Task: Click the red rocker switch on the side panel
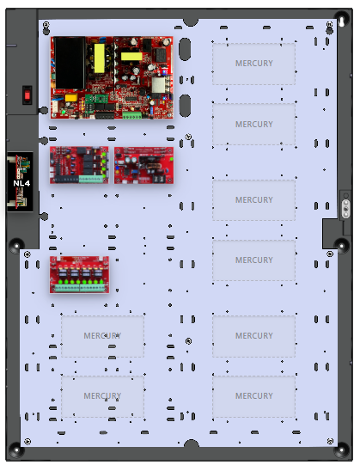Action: click(27, 95)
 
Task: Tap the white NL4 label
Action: click(21, 183)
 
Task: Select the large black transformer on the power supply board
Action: click(70, 63)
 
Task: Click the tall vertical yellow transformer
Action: click(100, 58)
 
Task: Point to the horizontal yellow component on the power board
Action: click(131, 57)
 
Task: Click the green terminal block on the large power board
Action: click(132, 115)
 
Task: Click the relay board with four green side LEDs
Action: click(79, 165)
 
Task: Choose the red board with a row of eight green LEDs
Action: click(79, 275)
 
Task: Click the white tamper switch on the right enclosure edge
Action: click(345, 209)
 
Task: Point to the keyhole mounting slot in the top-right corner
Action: click(342, 21)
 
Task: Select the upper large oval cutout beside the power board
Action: click(185, 49)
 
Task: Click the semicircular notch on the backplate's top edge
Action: click(191, 22)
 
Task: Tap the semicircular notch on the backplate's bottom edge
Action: click(192, 443)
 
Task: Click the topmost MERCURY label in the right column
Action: click(254, 63)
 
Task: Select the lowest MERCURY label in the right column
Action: click(254, 396)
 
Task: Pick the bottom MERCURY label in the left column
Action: click(102, 396)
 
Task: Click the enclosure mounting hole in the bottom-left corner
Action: click(16, 450)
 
